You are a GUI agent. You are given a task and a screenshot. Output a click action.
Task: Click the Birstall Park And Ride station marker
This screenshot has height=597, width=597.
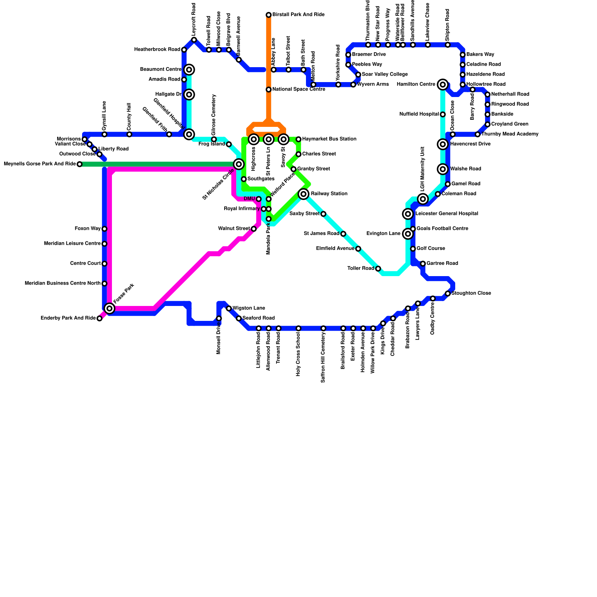click(269, 15)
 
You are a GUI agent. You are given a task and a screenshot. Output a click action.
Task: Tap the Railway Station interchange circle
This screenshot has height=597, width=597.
click(304, 194)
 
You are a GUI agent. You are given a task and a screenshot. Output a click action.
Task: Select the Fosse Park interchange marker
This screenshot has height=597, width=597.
click(109, 308)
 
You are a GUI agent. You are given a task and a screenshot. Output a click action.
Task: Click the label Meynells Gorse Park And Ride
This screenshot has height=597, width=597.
click(40, 164)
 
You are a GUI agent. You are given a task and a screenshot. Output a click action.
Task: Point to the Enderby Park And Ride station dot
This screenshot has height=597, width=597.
click(99, 318)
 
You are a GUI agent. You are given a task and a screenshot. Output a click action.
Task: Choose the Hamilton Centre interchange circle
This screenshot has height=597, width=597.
click(443, 85)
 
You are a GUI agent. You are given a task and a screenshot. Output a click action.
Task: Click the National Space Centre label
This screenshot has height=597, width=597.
click(298, 90)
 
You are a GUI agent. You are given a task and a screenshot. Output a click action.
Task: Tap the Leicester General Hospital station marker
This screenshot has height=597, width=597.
click(408, 214)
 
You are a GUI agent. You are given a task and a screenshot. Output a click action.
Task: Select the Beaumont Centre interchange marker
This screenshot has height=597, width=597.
click(189, 70)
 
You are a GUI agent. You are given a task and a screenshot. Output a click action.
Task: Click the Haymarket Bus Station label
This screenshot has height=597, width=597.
click(329, 139)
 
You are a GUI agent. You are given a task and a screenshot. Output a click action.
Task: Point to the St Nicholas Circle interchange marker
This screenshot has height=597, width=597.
click(239, 164)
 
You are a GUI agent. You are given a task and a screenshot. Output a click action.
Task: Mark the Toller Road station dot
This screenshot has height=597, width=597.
click(378, 269)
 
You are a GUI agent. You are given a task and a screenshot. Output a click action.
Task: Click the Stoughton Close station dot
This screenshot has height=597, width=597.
click(448, 294)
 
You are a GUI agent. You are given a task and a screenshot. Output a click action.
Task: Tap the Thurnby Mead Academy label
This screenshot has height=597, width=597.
click(510, 134)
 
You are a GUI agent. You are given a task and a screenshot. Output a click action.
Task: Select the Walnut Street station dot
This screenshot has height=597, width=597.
click(254, 229)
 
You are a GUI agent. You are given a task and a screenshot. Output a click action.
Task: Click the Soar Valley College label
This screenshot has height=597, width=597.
click(385, 75)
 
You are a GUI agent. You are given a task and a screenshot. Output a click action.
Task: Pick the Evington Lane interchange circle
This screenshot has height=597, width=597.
click(408, 234)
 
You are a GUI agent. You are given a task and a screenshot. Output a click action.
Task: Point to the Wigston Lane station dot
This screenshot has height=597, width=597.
click(229, 309)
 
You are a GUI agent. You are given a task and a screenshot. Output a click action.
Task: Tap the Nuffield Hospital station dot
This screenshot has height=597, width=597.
click(443, 115)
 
